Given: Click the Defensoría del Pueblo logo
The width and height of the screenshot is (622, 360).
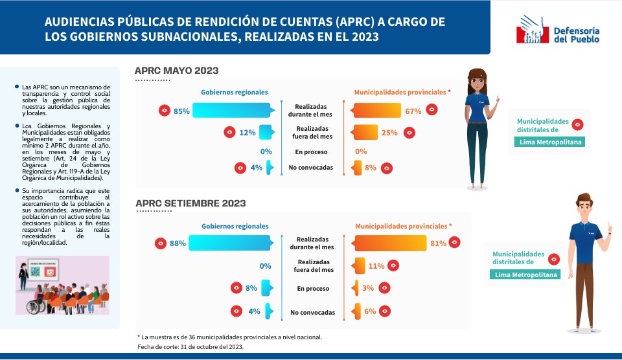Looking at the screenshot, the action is [x=558, y=30].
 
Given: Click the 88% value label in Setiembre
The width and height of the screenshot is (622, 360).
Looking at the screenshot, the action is [x=178, y=243].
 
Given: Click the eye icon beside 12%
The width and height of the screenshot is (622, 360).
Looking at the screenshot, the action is [x=229, y=132].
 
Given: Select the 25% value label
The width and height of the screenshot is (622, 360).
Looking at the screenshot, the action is [x=389, y=133].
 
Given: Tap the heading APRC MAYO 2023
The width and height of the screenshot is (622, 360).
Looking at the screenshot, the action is [x=176, y=71].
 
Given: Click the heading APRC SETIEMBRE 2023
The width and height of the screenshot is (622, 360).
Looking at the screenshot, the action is [x=190, y=203].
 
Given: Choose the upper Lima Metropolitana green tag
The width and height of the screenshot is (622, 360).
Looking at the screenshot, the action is [x=549, y=142].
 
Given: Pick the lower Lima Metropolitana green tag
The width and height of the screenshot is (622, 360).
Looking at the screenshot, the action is [x=525, y=275].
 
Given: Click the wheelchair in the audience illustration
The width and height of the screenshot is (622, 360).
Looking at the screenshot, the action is [x=35, y=305].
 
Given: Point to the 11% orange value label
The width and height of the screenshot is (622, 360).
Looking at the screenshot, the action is [x=376, y=266].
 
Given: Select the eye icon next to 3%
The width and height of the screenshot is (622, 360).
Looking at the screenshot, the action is [x=384, y=288].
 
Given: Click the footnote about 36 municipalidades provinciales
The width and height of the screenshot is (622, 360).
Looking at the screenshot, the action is [x=229, y=337].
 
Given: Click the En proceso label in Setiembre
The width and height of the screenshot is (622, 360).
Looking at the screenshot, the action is [x=313, y=289].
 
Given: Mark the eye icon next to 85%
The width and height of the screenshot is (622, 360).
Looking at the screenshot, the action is [x=165, y=110].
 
